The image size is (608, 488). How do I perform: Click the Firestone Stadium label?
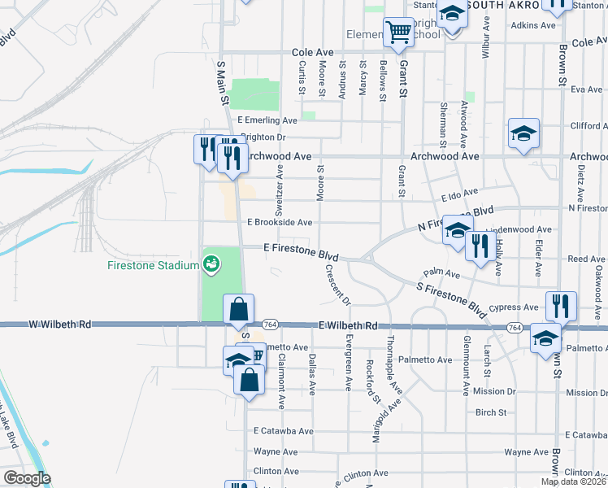(154, 266)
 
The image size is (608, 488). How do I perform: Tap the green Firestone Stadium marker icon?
(211, 264)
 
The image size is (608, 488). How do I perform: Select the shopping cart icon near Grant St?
(398, 33)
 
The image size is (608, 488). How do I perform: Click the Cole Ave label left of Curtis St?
(314, 52)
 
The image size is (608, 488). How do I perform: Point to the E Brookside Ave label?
(280, 222)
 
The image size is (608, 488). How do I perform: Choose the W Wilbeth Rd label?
(59, 325)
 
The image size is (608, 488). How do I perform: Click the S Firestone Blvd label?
(451, 298)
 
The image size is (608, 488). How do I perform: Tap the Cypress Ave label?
(520, 307)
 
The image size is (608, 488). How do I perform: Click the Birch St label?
(491, 412)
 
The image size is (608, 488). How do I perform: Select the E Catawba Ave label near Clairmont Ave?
(283, 431)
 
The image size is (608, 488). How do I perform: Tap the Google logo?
(27, 479)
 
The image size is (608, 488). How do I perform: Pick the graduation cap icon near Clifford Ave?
(524, 133)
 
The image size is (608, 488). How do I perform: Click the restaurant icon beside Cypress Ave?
(560, 306)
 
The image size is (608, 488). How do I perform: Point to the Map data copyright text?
(574, 481)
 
